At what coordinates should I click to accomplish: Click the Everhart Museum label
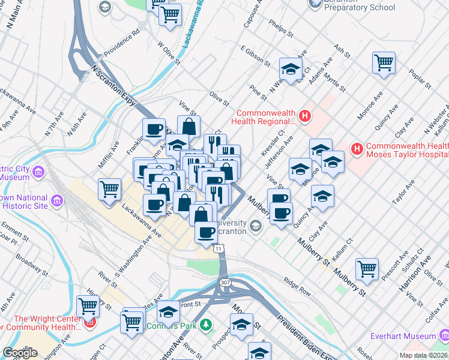403,336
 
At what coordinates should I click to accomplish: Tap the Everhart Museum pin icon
444,336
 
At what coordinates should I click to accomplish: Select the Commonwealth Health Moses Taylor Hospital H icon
357,148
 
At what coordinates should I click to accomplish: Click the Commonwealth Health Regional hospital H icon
305,115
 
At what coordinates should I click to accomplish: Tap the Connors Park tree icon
206,325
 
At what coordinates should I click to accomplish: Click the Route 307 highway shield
225,283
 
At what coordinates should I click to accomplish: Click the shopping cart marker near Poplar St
383,62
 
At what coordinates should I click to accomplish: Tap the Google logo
19,353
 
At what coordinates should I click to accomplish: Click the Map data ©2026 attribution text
424,355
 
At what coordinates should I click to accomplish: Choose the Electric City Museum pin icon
40,173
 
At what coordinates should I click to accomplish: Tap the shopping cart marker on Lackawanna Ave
110,190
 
